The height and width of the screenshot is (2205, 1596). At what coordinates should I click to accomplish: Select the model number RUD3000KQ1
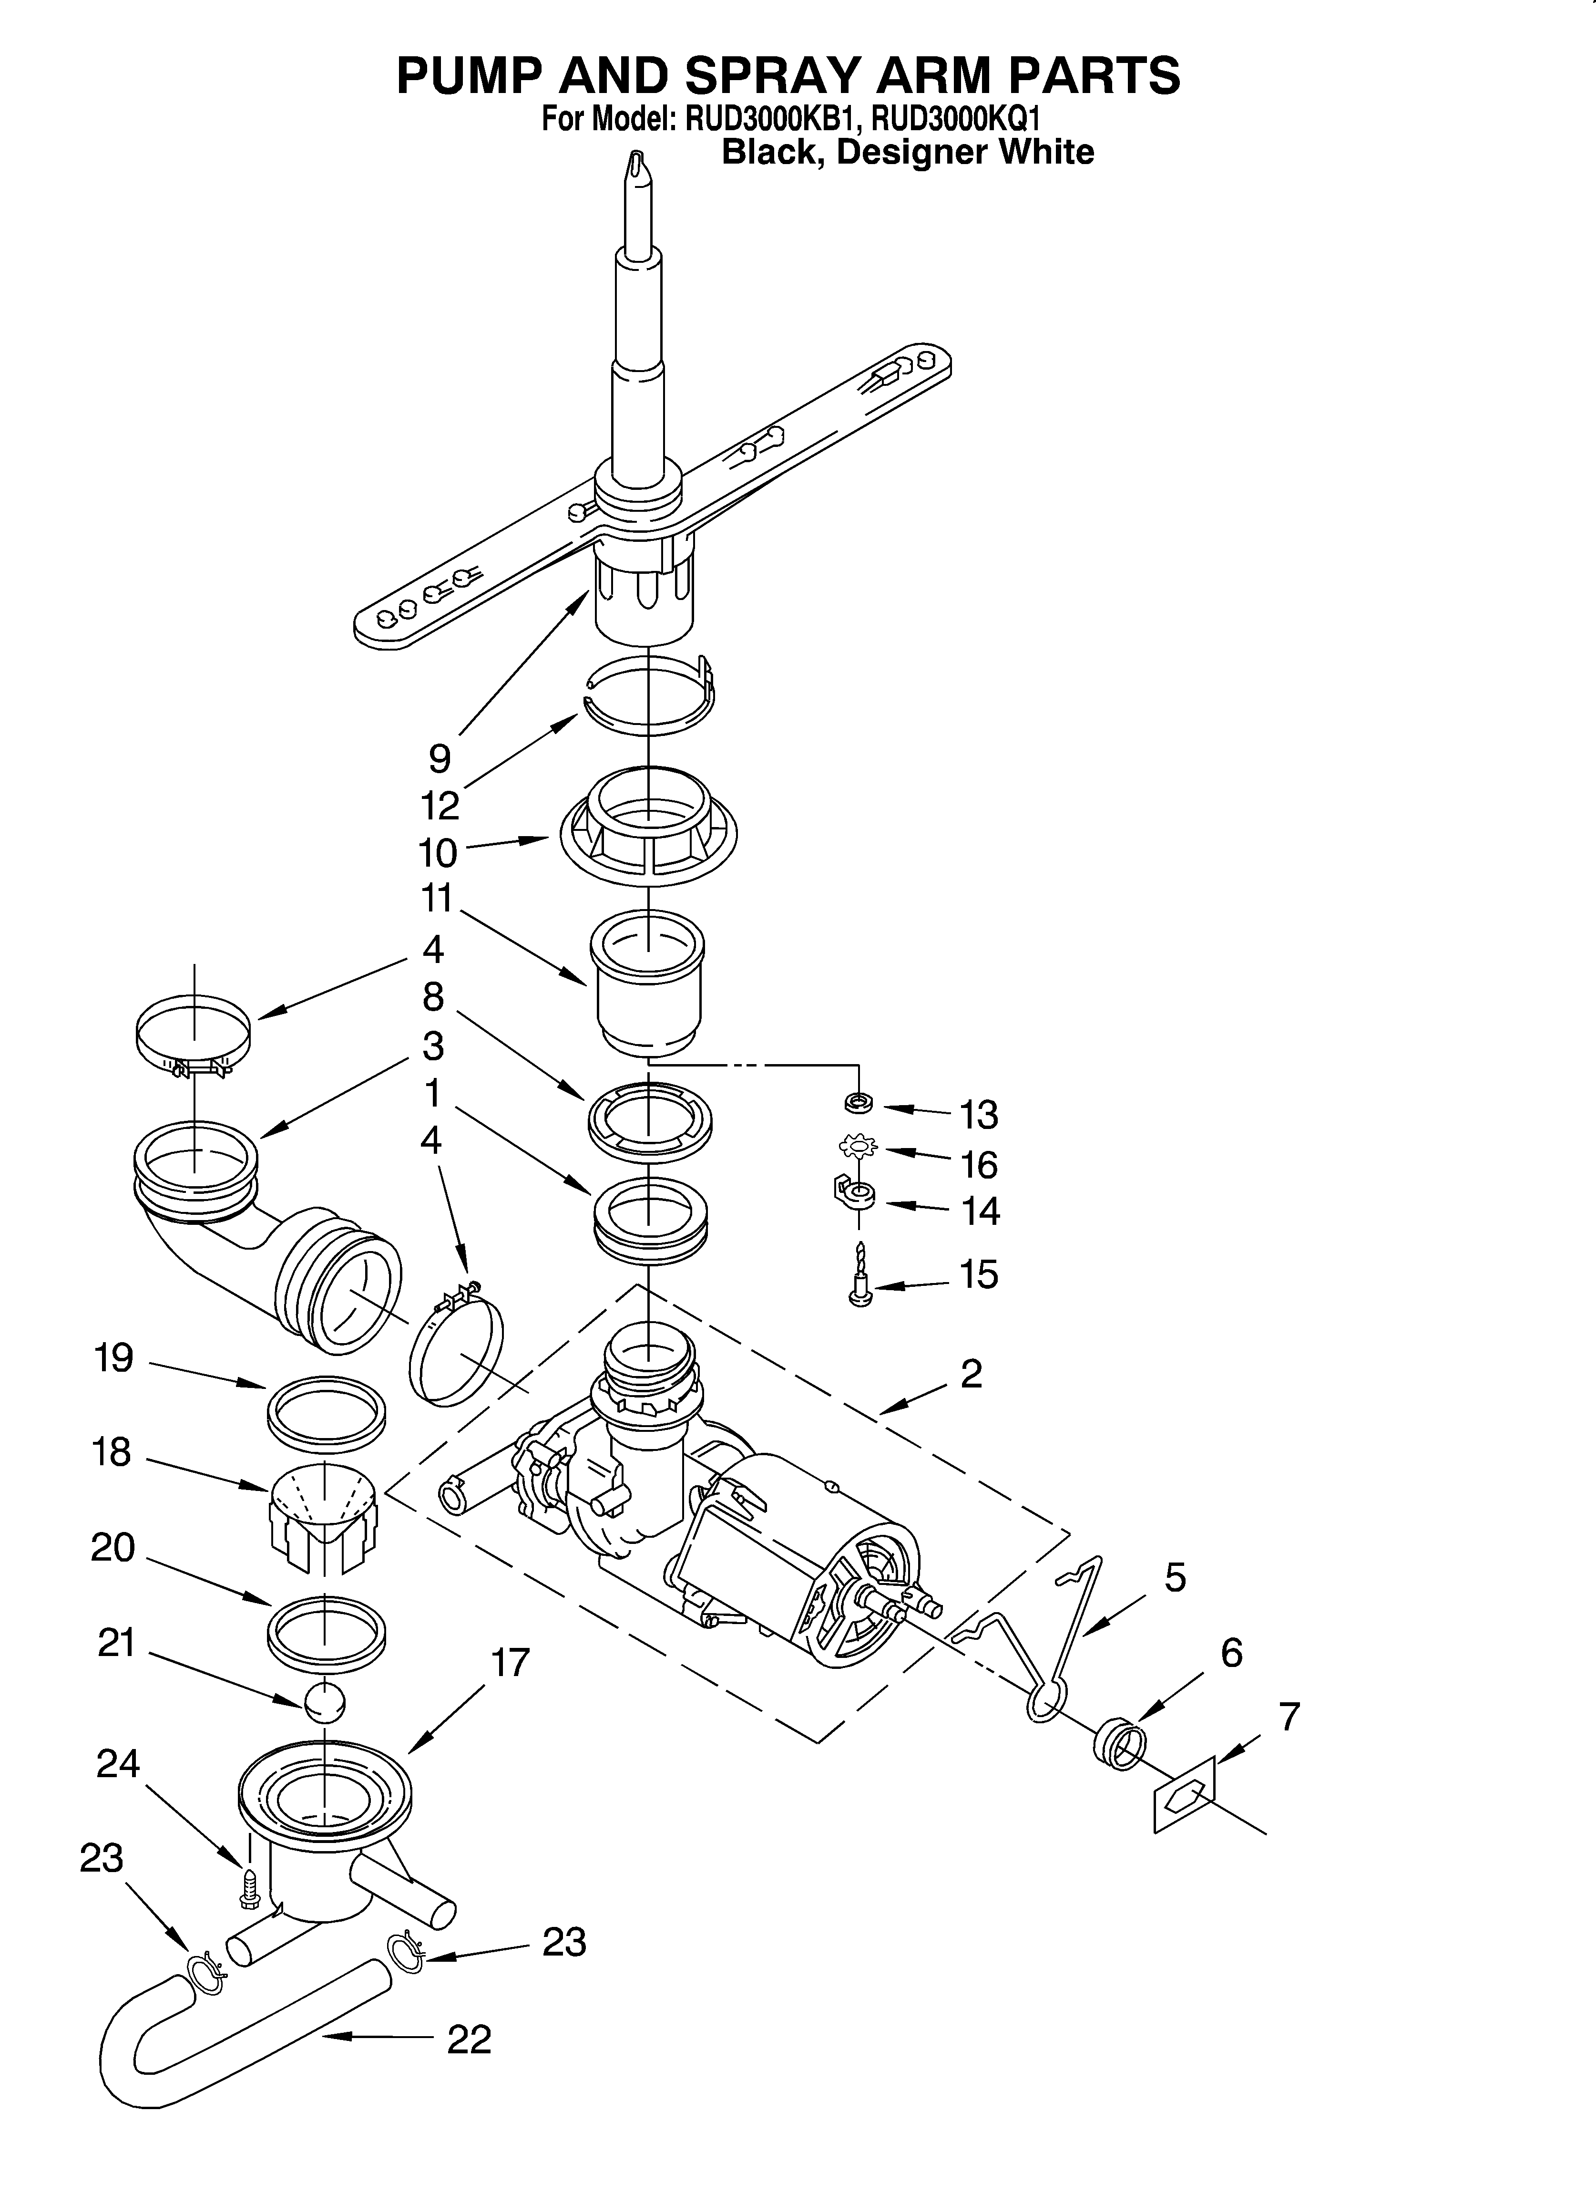point(955,120)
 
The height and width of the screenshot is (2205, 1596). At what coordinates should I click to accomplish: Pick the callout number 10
point(438,853)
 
